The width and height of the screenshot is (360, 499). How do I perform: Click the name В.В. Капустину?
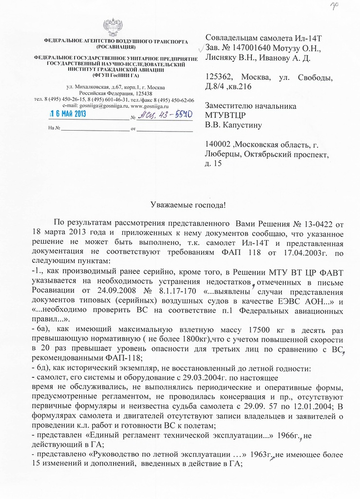click(x=234, y=125)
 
